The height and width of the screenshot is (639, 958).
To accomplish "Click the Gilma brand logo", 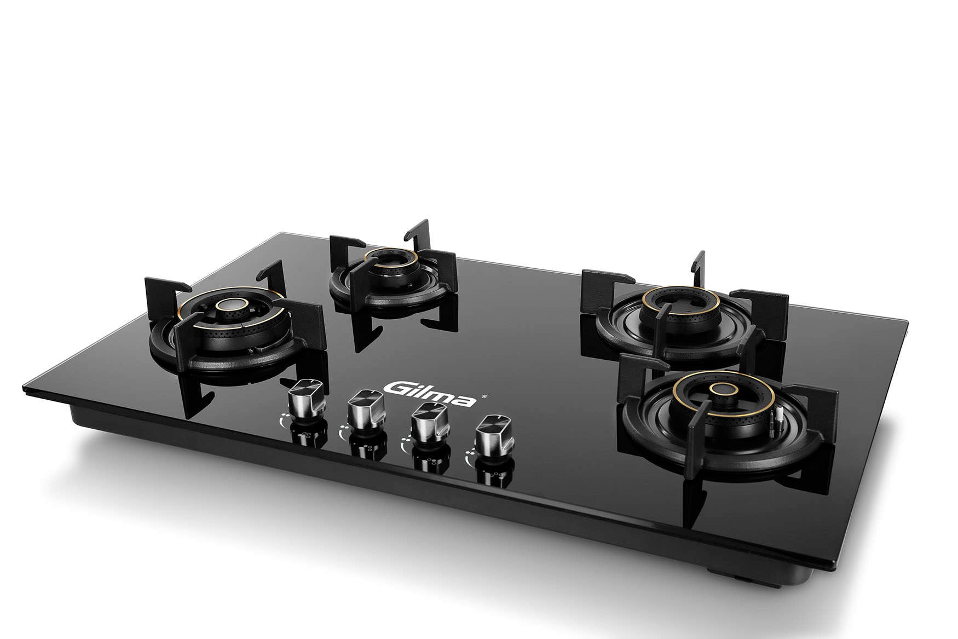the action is (x=429, y=395).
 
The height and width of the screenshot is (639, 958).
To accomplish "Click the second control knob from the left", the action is (x=367, y=410).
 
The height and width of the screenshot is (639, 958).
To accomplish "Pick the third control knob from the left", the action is (x=430, y=423).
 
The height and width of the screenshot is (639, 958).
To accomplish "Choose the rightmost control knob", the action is (x=494, y=436).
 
